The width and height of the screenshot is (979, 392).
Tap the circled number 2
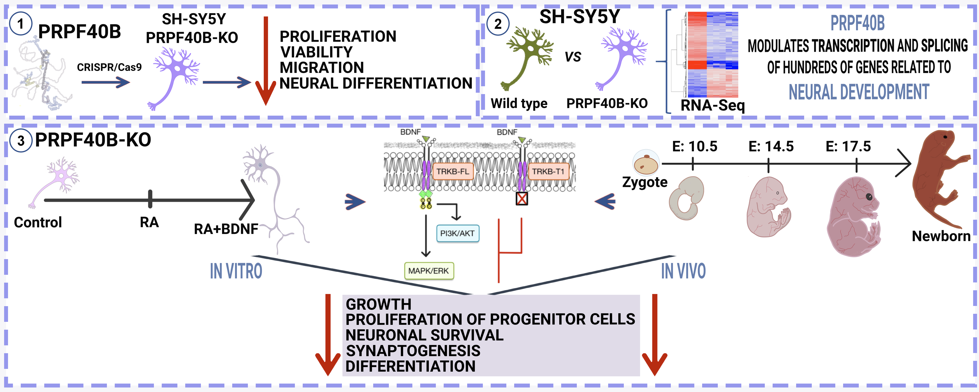[x=498, y=24]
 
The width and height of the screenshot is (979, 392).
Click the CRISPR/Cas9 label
[x=109, y=67]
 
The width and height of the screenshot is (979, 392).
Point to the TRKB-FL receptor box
[x=452, y=172]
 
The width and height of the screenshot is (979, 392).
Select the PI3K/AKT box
[x=457, y=233]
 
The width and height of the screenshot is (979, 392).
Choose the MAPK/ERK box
[x=428, y=271]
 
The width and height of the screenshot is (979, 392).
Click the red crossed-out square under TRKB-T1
[x=522, y=199]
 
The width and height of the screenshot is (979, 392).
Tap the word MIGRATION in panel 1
[x=322, y=68]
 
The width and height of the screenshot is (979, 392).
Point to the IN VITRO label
[x=236, y=271]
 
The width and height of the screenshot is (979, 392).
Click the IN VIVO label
[x=683, y=271]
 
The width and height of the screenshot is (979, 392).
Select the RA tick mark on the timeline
[x=150, y=199]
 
